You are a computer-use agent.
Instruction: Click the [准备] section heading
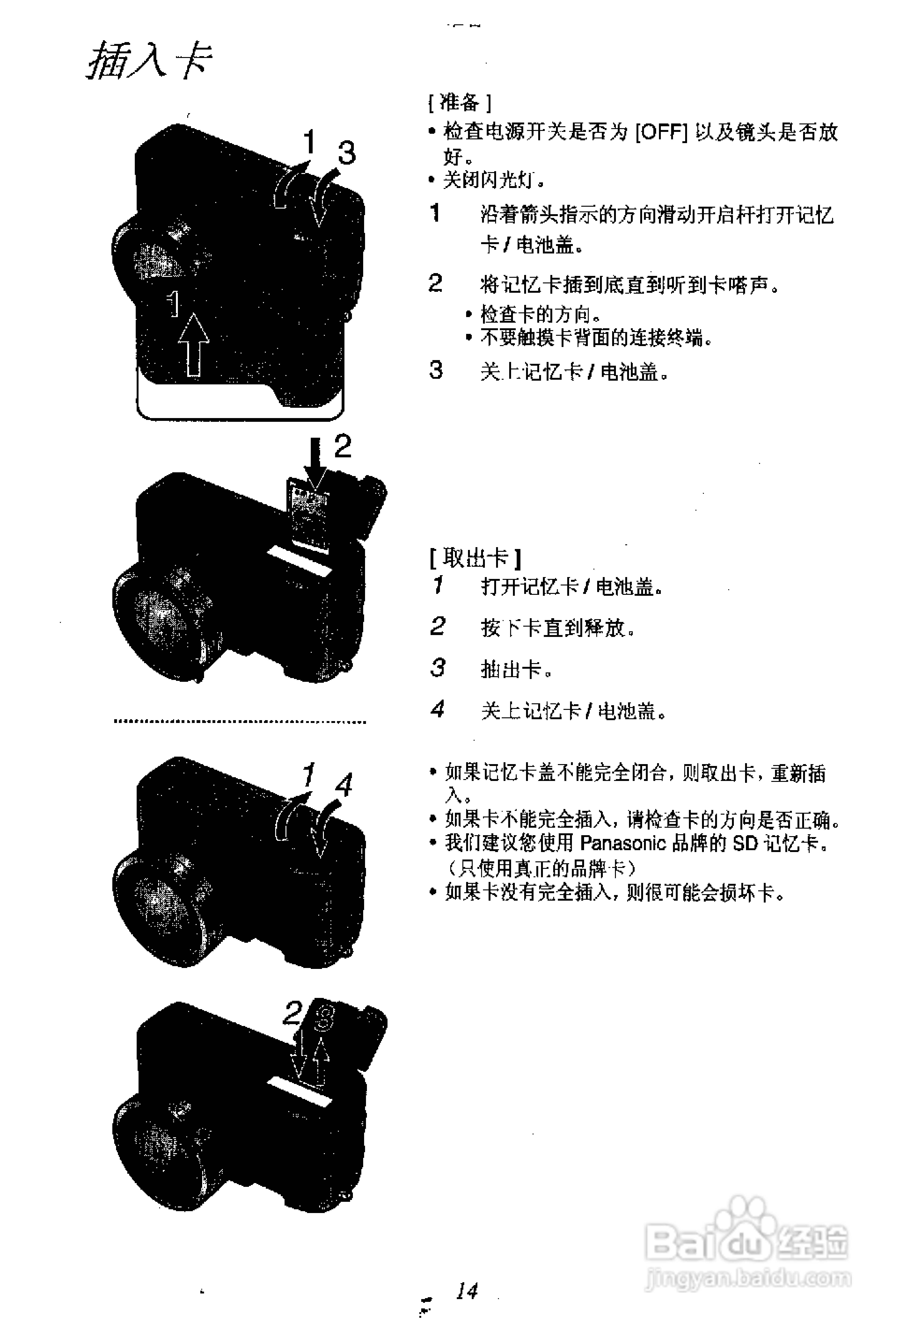pos(459,103)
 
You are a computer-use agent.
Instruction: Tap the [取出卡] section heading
pos(475,558)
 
